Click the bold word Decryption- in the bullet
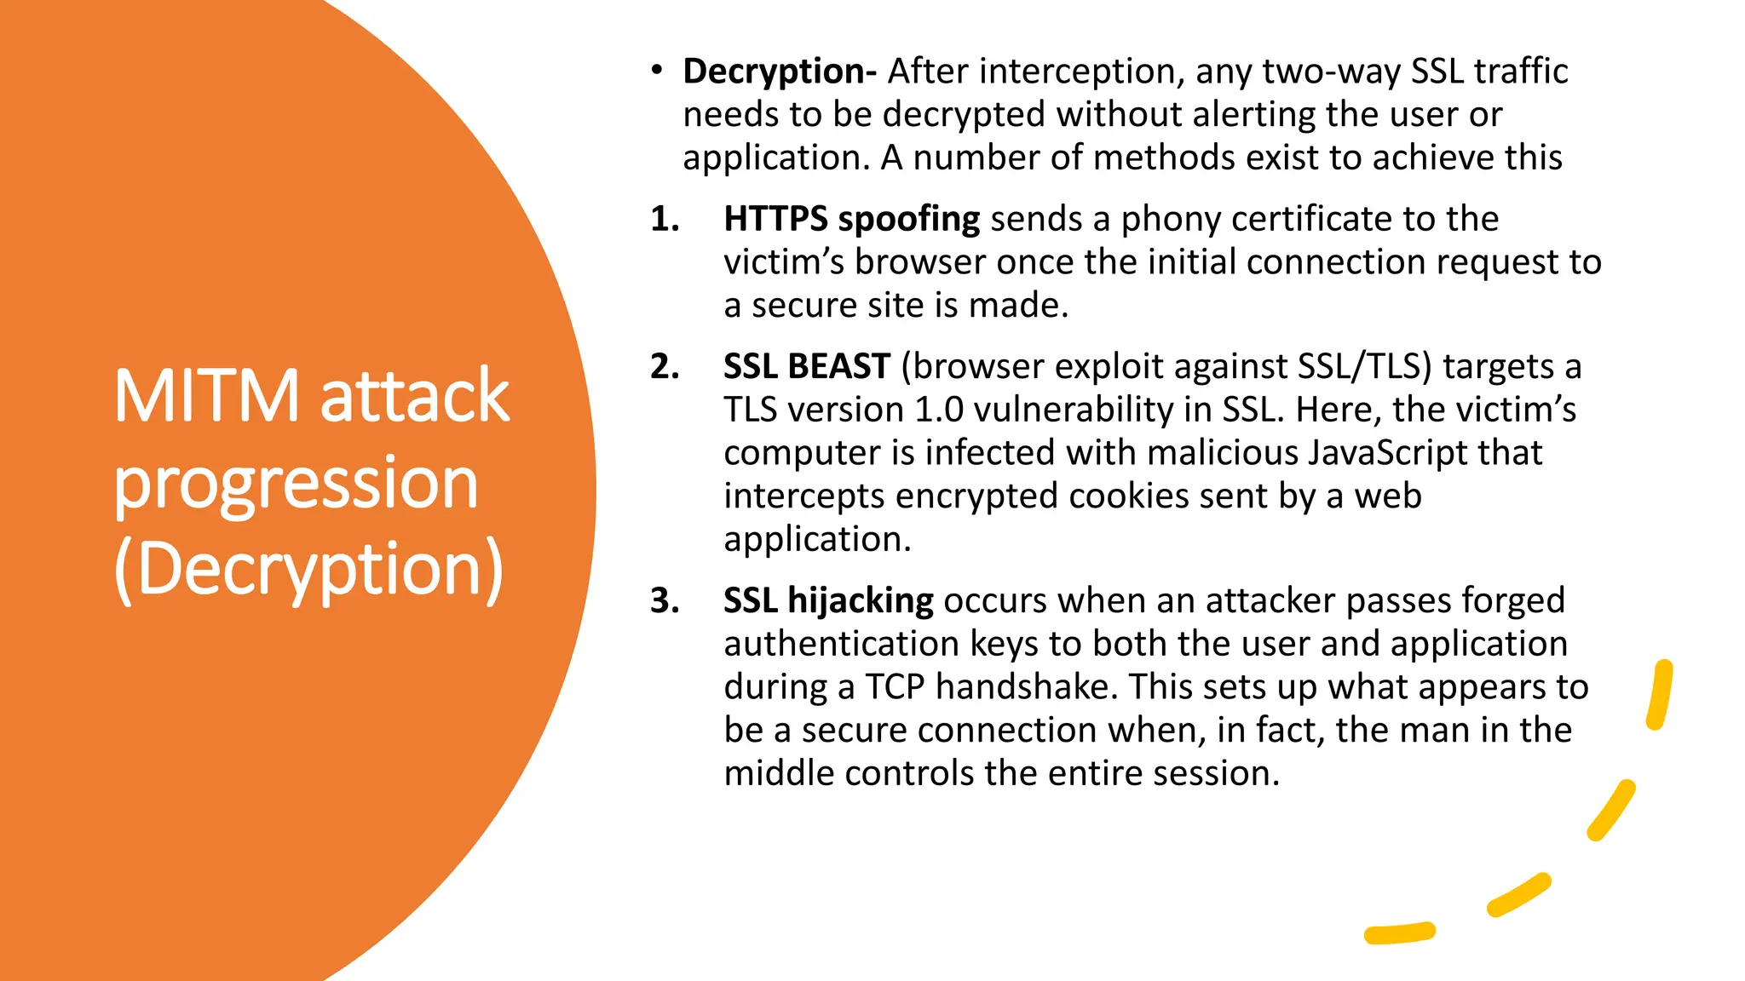point(779,72)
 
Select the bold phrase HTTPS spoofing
point(851,220)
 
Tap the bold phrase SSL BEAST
point(806,367)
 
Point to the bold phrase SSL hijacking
point(828,600)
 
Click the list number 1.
point(665,220)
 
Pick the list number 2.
point(665,367)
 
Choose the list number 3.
point(665,600)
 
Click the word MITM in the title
point(207,396)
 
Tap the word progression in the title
point(296,485)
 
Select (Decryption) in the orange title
point(309,570)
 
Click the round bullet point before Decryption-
point(656,71)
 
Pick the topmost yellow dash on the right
point(1660,694)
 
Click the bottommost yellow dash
point(1399,933)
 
